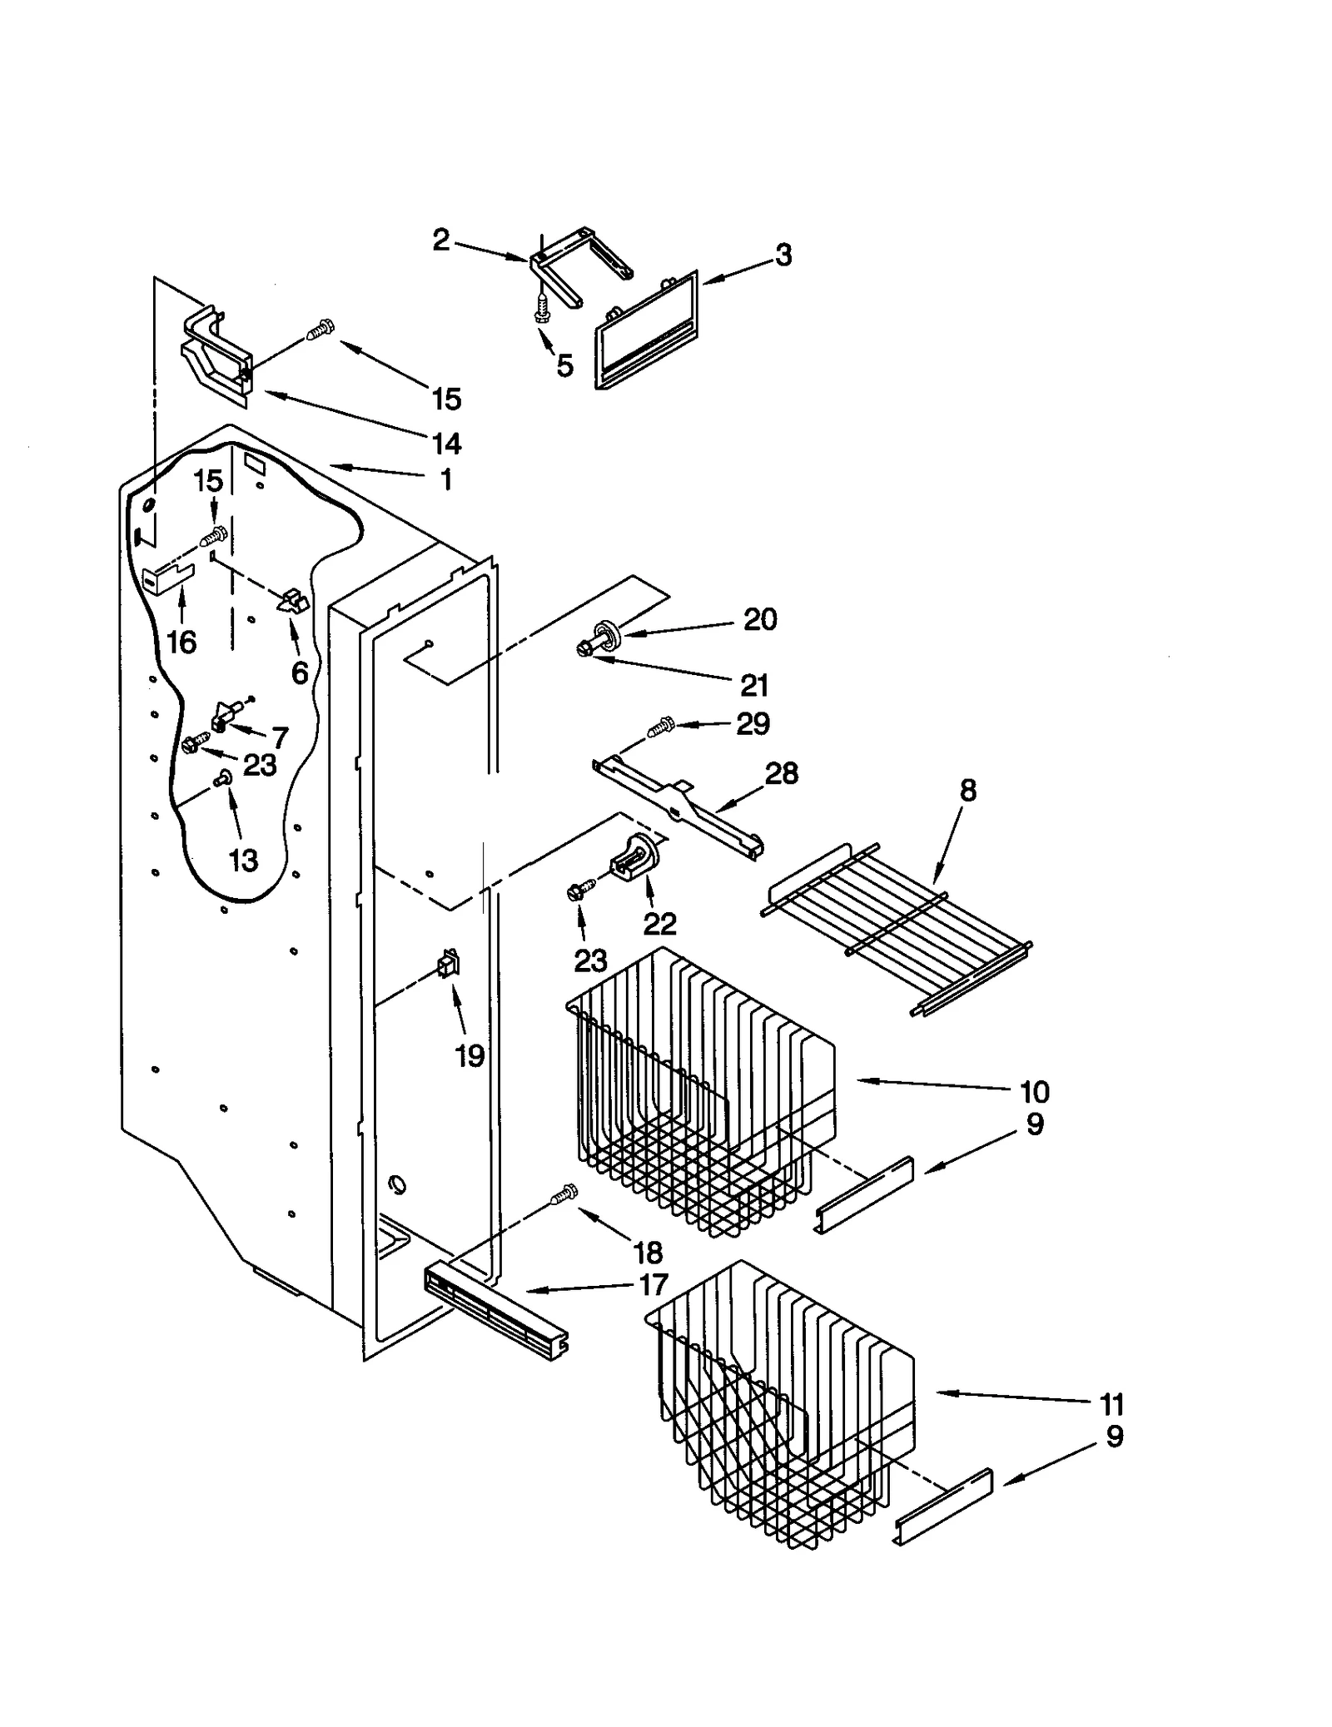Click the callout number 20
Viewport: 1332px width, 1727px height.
pyautogui.click(x=759, y=619)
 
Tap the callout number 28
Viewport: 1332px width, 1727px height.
pyautogui.click(x=781, y=773)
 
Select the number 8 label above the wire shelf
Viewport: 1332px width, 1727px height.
pyautogui.click(x=967, y=790)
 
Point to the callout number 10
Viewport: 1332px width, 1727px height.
pyautogui.click(x=1035, y=1091)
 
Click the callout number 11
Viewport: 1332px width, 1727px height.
pyautogui.click(x=1111, y=1404)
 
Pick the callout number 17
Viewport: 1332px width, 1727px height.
pyautogui.click(x=654, y=1284)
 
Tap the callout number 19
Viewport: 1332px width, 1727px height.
pyautogui.click(x=470, y=1056)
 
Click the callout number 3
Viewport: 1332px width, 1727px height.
pyautogui.click(x=783, y=256)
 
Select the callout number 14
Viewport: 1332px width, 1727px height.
pyautogui.click(x=447, y=443)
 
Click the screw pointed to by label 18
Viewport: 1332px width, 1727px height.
pyautogui.click(x=564, y=1194)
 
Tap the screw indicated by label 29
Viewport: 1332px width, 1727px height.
pyautogui.click(x=660, y=727)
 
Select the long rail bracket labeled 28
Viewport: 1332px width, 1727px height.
pyautogui.click(x=678, y=803)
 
